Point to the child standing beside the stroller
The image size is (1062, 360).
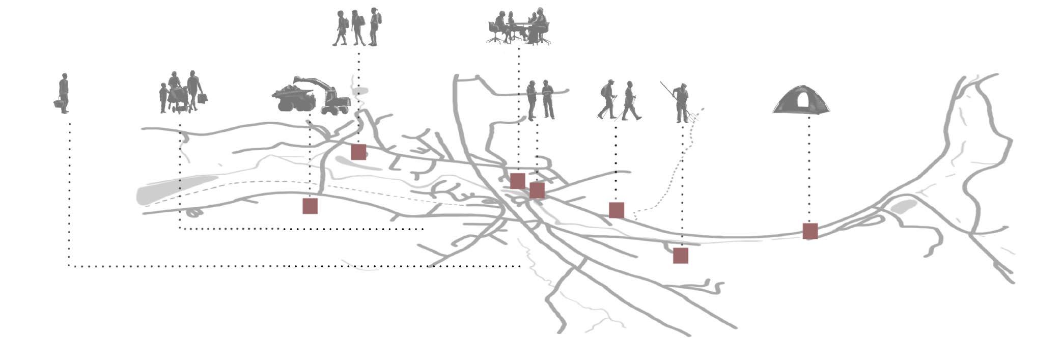(x=163, y=97)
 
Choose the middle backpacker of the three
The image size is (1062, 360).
(x=357, y=28)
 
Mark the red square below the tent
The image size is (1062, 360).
(x=810, y=231)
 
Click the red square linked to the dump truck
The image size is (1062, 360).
(x=310, y=206)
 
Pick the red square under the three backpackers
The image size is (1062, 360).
(x=358, y=152)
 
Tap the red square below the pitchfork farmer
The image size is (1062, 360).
(x=681, y=256)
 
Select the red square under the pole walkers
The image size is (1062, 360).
(x=617, y=210)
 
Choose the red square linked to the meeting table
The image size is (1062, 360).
(x=517, y=181)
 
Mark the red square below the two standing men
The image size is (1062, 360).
(x=537, y=190)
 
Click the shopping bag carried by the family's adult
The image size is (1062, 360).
(x=203, y=98)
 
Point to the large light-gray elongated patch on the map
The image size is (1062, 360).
(x=173, y=188)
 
